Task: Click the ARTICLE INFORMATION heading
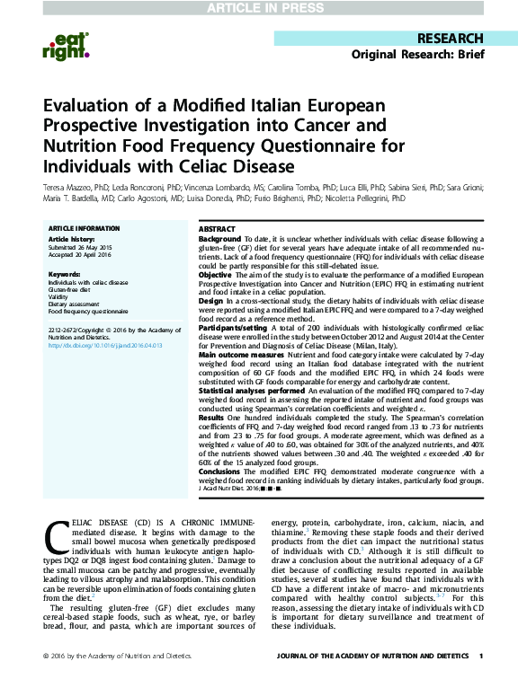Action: pos(84,230)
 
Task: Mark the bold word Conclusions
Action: pos(221,471)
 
